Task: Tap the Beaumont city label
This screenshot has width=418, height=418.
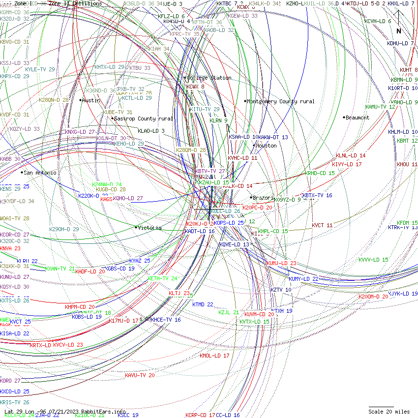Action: (x=358, y=118)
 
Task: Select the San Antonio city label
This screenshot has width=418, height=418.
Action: (x=40, y=173)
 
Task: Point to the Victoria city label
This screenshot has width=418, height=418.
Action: (x=150, y=228)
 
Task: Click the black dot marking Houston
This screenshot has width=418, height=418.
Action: (x=254, y=145)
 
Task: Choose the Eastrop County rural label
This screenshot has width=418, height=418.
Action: (x=144, y=119)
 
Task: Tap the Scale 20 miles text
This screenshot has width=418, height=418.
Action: (x=389, y=412)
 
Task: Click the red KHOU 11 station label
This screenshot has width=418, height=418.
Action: (x=407, y=164)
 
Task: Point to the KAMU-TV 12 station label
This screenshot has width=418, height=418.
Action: (x=380, y=107)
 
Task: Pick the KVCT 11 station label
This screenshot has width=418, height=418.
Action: (x=322, y=225)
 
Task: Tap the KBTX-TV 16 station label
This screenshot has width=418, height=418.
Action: (x=317, y=195)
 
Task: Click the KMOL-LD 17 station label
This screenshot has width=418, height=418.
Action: (x=214, y=355)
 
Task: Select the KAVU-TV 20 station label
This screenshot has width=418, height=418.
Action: (x=140, y=375)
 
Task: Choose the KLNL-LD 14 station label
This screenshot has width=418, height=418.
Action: (x=351, y=155)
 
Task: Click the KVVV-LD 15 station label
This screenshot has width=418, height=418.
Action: (x=373, y=260)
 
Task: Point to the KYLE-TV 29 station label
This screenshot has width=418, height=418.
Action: (x=40, y=69)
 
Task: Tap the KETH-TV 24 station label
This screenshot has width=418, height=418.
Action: (x=162, y=278)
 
